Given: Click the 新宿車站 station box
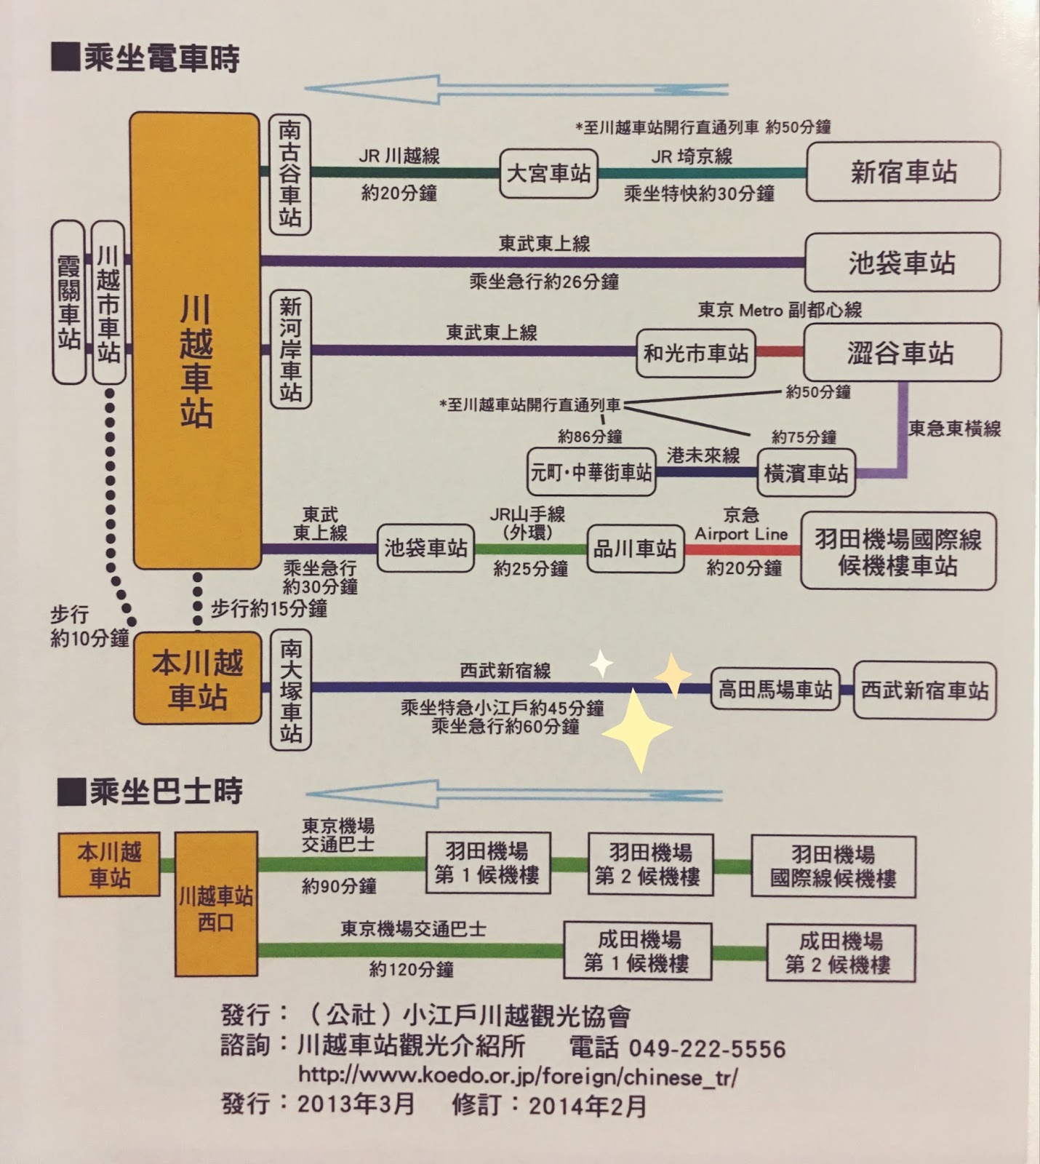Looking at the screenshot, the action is pos(903,172).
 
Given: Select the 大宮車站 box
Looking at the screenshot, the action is pos(548,174).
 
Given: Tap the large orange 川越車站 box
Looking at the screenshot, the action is pos(195,340).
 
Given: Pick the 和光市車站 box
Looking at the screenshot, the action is pos(695,354).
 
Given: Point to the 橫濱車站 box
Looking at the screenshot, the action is pos(806,473).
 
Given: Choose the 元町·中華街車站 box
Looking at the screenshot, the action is pos(591,473).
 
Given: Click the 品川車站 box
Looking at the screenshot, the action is pos(635,549).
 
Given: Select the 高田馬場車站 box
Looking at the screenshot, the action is pos(775,690).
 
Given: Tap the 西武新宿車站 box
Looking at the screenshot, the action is pos(924,690).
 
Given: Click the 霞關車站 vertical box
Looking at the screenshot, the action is pos(68,302).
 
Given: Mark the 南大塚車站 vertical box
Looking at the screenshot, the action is pos(290,690).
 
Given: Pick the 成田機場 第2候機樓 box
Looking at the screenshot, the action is pos(840,953).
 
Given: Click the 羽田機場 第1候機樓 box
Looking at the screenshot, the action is pos(487,864).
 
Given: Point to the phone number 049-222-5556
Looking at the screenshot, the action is pos(706,1048).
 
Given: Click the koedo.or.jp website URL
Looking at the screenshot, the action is pos(518,1075).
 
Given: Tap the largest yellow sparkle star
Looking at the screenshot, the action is pos(636,730).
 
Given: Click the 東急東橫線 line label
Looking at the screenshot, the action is pos(954,428).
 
